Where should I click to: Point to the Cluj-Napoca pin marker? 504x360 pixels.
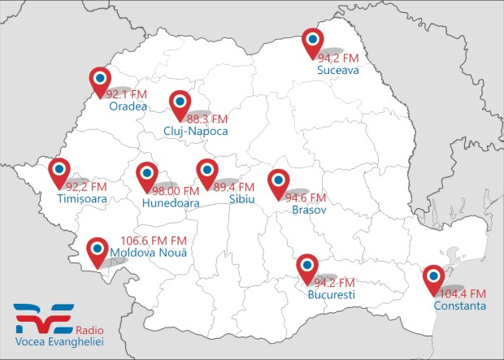coord(179,103)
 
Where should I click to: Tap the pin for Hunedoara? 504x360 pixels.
coord(146,176)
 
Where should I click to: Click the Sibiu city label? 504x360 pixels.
coord(242,199)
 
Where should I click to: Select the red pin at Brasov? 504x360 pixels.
coord(279,182)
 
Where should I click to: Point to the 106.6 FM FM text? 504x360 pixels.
coord(154,241)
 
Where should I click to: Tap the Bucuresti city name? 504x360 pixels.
coord(332,294)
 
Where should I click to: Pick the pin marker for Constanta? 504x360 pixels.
coord(436,279)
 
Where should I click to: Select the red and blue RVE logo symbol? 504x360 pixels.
coord(43,315)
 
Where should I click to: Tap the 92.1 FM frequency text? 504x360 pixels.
coord(126,93)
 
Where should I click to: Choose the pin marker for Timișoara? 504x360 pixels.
coord(59,172)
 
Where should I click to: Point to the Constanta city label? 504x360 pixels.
coord(460,306)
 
